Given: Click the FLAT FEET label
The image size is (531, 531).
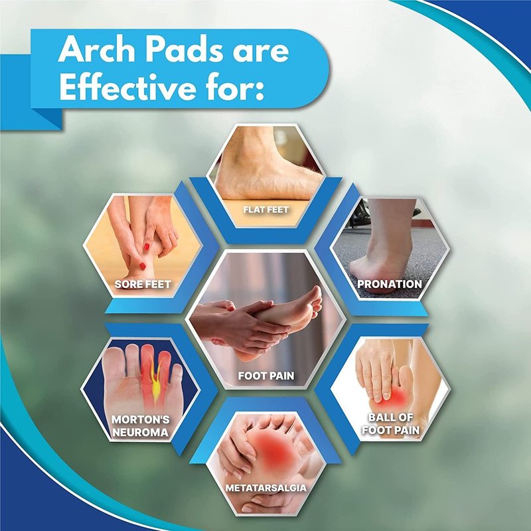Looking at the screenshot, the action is click(x=266, y=210).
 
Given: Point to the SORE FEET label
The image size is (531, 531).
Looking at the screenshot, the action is click(x=143, y=284).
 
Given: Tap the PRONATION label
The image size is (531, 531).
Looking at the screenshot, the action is click(x=390, y=284).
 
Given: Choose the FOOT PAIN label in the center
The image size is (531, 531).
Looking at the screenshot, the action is click(x=266, y=376).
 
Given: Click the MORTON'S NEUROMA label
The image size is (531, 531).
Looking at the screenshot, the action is click(x=141, y=426).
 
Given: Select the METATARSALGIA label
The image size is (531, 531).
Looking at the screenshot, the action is click(x=266, y=488).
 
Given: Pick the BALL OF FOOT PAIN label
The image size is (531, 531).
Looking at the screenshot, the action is click(x=390, y=423).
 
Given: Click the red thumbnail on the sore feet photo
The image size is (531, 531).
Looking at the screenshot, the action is click(x=147, y=246).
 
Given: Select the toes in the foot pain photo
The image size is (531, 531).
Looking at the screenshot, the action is click(x=314, y=301).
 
